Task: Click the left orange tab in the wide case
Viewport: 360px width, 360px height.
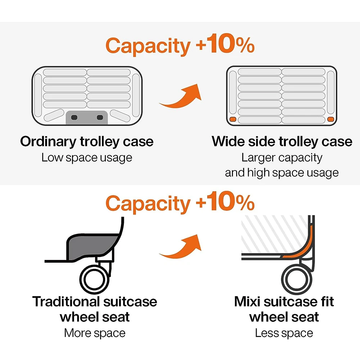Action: click(233, 120)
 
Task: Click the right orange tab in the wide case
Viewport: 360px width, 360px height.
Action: click(330, 120)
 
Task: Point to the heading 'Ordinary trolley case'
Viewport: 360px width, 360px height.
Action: click(87, 141)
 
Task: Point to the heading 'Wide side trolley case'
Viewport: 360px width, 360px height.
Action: click(282, 141)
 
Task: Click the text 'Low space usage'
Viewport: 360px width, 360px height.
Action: click(87, 158)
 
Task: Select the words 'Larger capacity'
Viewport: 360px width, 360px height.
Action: click(282, 158)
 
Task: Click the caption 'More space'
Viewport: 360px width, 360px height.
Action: click(95, 333)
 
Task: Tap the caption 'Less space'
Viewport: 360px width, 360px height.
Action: click(284, 333)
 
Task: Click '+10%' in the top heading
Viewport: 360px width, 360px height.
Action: click(225, 45)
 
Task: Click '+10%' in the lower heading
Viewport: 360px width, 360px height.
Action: click(225, 204)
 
